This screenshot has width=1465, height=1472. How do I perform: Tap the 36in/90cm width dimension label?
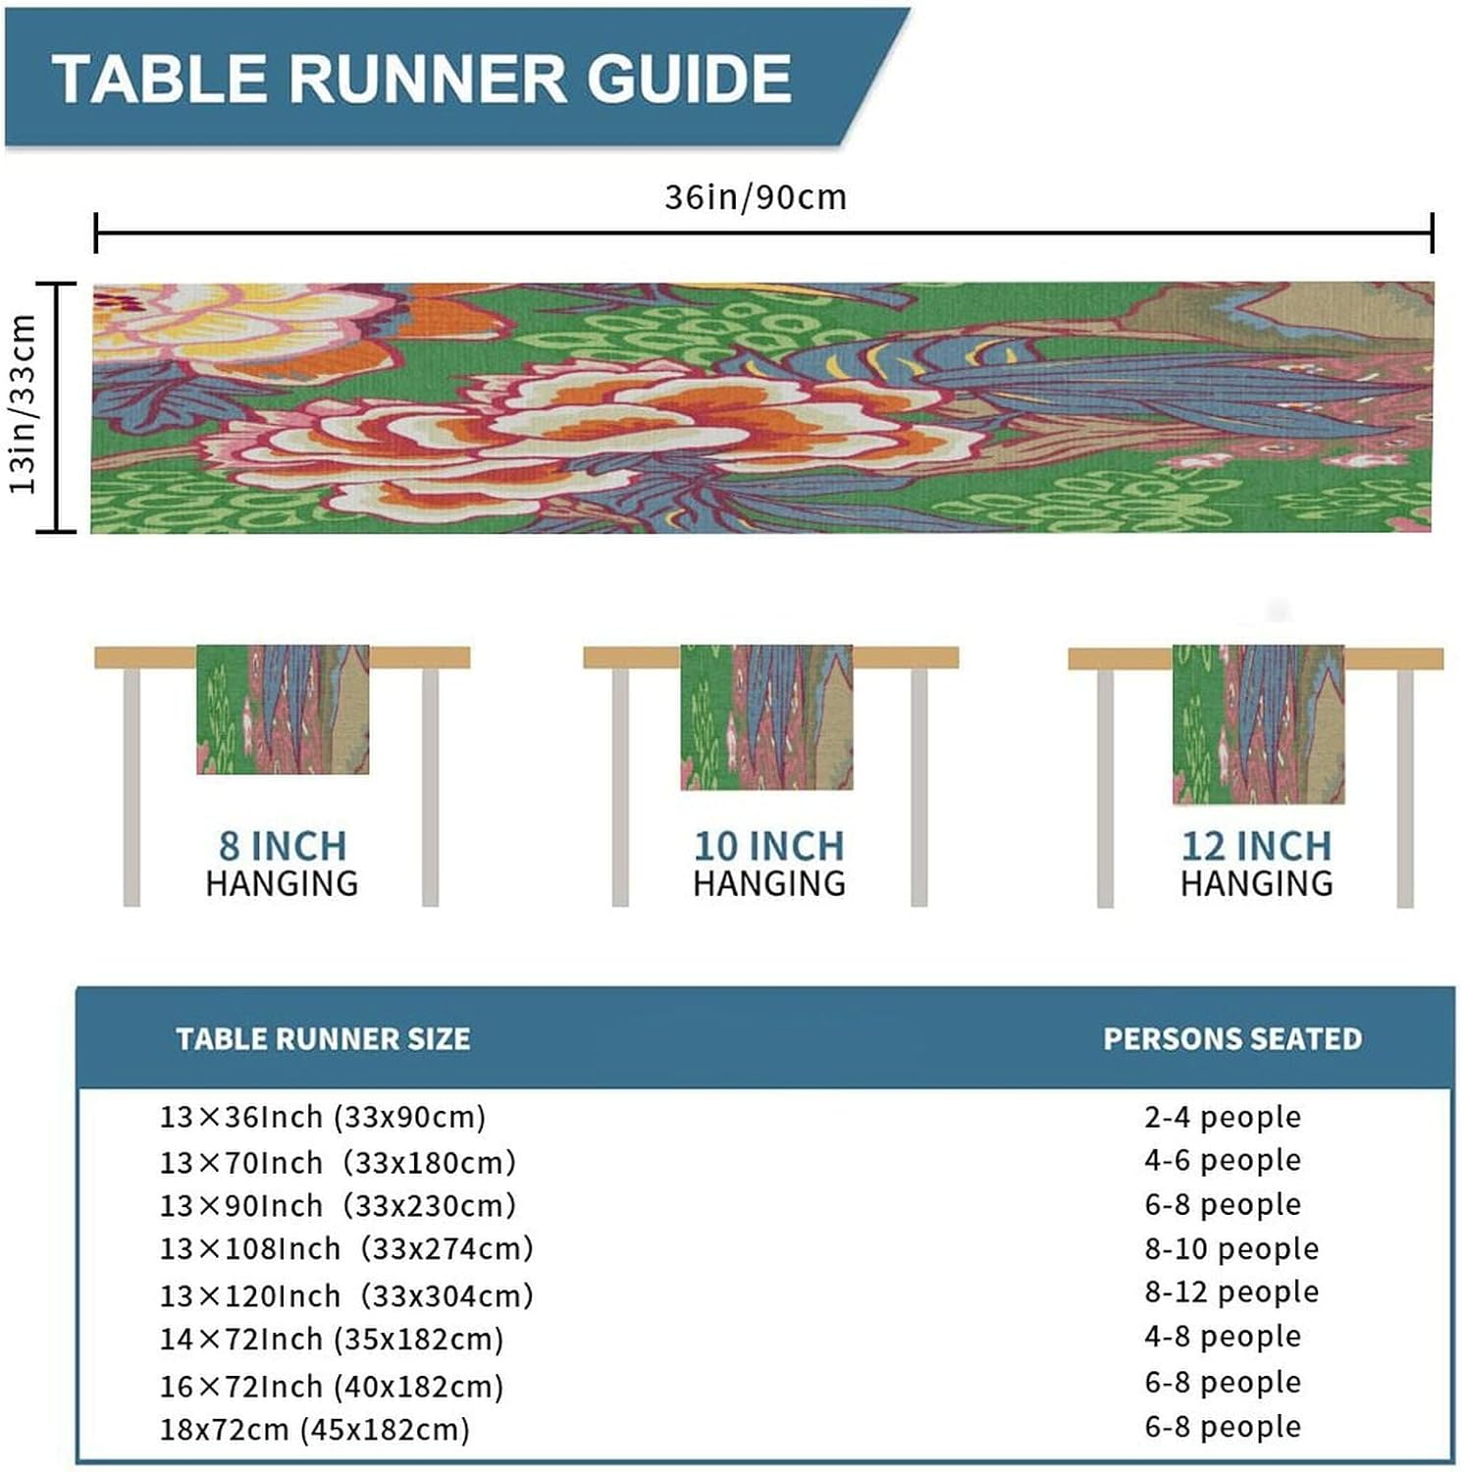755,197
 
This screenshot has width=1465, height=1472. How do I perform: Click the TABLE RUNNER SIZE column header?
323,1038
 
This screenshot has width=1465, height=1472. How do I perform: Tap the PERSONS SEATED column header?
1232,1038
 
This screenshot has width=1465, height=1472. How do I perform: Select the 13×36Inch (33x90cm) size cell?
323,1117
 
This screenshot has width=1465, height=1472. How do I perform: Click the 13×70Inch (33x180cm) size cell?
338,1163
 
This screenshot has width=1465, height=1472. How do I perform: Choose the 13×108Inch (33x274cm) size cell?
346,1248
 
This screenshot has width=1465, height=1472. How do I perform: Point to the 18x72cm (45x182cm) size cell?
315,1429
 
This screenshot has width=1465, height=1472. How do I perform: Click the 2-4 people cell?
1223,1117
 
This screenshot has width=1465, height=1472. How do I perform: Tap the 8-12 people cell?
1231,1291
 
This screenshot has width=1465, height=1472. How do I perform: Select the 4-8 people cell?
1223,1336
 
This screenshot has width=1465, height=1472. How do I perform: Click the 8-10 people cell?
1231,1248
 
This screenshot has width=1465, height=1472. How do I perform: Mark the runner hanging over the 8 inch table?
283,709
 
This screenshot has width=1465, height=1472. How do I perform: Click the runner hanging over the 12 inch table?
1258,724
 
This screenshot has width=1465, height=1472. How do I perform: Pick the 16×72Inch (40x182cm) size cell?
332,1387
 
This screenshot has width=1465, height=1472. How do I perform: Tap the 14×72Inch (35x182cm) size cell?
332,1340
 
